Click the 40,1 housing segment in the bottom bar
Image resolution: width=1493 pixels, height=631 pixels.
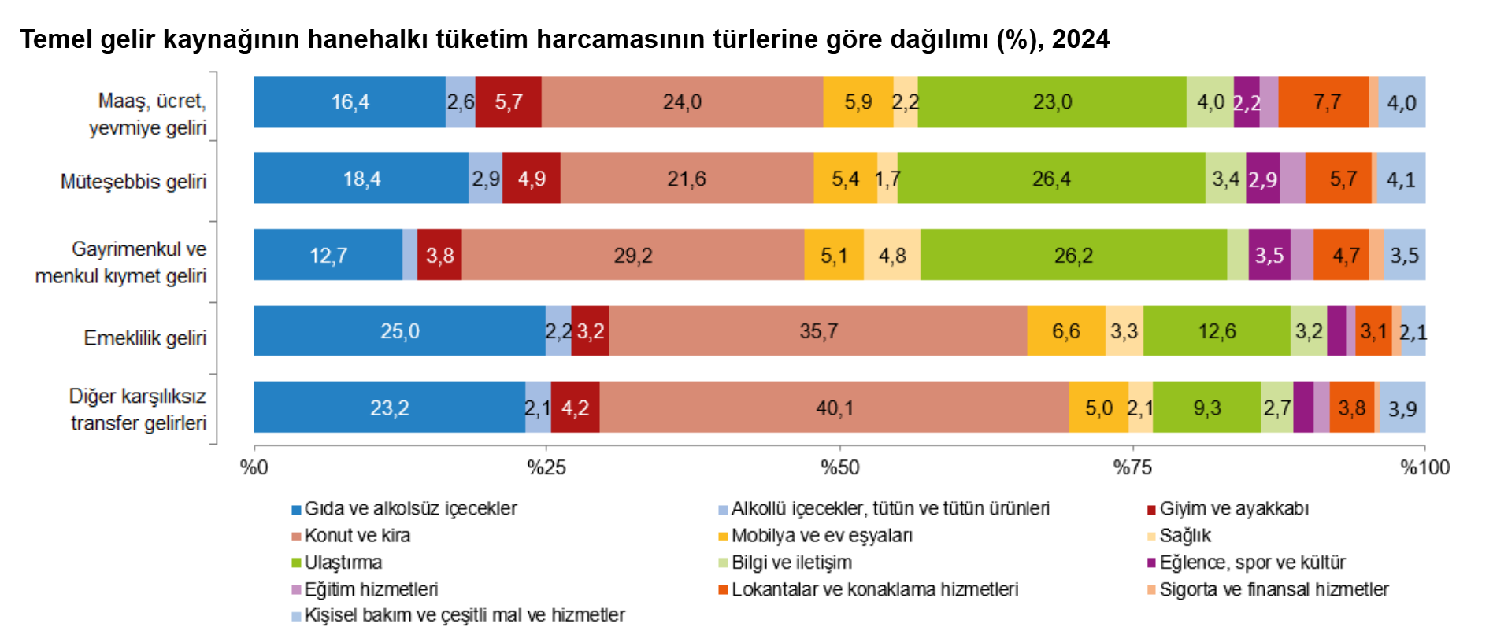(834, 408)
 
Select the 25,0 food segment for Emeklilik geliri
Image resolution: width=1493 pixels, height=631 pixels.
(399, 331)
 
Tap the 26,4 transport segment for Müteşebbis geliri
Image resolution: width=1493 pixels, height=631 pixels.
(1051, 179)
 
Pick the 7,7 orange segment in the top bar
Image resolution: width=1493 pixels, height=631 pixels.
(1326, 102)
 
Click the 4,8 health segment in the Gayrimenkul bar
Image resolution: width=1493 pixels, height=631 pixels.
(892, 256)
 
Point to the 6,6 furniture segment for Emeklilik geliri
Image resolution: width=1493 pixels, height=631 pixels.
(1066, 331)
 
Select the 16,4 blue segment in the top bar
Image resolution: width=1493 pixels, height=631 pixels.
(350, 102)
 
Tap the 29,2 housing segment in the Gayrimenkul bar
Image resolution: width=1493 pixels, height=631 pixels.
(633, 256)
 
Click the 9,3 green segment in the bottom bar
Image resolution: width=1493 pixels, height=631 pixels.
(1206, 408)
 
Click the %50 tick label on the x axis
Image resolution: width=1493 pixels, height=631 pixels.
(839, 467)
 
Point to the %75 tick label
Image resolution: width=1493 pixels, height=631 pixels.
(1132, 467)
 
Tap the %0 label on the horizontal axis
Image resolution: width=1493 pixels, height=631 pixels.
(254, 467)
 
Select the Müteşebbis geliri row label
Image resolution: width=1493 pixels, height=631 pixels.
(133, 182)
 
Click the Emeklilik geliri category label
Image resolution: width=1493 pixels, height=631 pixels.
(145, 338)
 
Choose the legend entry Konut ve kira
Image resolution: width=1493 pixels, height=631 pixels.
(357, 536)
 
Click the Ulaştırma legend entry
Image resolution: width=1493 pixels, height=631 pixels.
(343, 563)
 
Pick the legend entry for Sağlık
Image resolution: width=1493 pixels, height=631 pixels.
(1184, 536)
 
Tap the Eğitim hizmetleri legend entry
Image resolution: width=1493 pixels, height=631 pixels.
(370, 589)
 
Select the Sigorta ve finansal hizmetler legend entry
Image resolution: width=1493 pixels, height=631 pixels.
(1273, 589)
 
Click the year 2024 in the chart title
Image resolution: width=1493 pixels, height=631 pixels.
(1080, 39)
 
